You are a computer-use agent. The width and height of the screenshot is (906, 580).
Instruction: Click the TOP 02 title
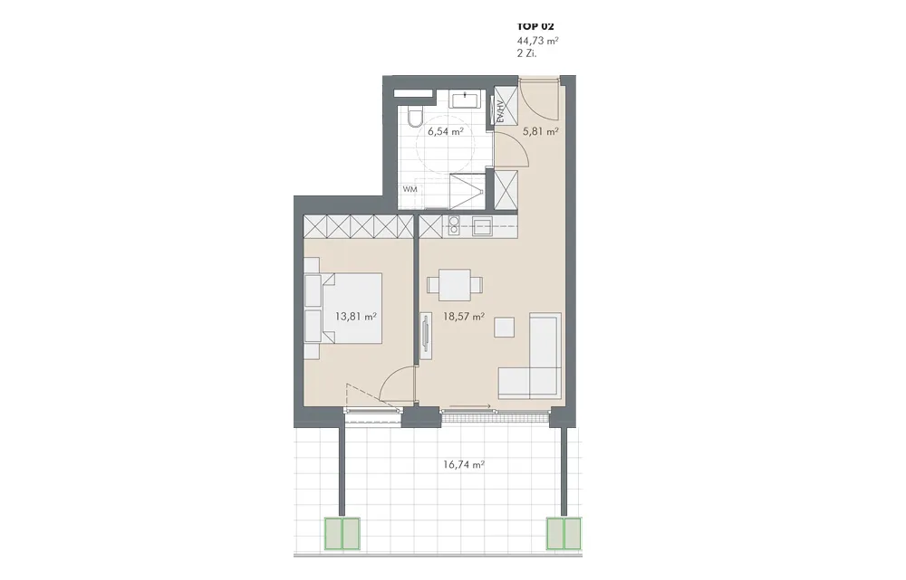535,26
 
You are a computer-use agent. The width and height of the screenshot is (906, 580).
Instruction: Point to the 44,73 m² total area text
537,41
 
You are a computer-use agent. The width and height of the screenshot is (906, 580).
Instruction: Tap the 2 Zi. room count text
527,53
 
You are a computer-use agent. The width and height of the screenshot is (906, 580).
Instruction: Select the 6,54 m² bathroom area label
446,131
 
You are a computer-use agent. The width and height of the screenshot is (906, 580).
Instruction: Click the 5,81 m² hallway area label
540,131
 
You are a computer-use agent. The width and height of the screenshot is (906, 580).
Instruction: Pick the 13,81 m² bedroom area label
356,317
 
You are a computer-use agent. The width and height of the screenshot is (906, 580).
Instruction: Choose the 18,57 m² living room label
463,317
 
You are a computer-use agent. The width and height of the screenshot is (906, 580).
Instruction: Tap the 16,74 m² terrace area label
463,464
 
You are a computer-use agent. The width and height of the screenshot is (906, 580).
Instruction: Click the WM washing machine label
410,189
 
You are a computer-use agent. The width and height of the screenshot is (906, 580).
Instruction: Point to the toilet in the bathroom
414,117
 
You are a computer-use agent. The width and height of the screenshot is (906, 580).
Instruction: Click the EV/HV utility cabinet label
500,110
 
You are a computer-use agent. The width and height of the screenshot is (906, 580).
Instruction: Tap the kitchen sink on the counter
482,225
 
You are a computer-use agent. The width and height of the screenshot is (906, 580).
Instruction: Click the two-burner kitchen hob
454,225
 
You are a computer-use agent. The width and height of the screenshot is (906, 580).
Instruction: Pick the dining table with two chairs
455,285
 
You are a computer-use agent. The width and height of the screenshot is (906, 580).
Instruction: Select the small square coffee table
505,328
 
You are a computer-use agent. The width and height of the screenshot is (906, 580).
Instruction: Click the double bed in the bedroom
343,309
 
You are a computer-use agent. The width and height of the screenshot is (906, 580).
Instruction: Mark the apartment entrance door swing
537,98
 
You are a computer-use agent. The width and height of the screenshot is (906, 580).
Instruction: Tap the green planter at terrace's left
342,533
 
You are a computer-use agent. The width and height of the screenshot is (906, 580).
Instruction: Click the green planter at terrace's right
564,533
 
